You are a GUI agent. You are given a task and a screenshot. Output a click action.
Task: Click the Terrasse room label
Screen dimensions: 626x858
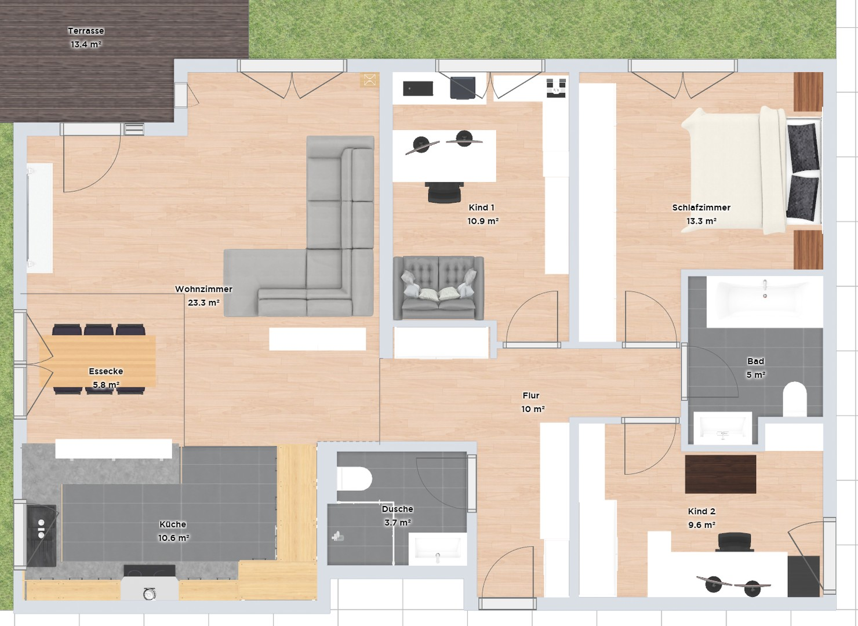(x=86, y=31)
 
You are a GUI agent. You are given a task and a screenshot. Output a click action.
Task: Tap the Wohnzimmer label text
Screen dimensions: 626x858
(x=203, y=289)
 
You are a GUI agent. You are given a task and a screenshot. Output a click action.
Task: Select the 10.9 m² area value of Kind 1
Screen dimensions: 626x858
(x=483, y=221)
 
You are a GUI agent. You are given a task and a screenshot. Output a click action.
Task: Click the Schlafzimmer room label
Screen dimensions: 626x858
(x=701, y=208)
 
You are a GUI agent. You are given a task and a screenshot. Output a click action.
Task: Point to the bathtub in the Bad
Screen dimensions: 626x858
(x=764, y=300)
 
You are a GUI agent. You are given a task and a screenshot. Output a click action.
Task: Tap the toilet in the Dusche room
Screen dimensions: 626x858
(x=354, y=479)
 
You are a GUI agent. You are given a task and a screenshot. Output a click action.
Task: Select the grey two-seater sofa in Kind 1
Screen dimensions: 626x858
(x=438, y=288)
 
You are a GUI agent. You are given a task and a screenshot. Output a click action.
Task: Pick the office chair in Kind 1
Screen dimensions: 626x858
(x=445, y=192)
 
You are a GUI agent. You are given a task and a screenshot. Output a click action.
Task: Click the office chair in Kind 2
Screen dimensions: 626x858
(x=735, y=542)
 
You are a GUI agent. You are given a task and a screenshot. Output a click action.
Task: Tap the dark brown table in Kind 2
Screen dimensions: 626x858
(x=720, y=474)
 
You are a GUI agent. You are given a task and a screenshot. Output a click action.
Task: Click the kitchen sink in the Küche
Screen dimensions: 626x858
(x=41, y=535)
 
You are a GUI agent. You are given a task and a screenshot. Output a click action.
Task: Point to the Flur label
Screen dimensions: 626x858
(x=531, y=395)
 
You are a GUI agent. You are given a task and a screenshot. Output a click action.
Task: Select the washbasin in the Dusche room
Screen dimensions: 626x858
(x=437, y=549)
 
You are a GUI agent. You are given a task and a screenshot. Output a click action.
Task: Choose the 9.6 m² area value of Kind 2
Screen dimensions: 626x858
(x=701, y=525)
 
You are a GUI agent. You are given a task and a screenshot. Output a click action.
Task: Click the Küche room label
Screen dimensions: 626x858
(x=173, y=524)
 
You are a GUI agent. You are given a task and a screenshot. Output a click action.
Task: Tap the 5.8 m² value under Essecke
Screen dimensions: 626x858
(x=106, y=385)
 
